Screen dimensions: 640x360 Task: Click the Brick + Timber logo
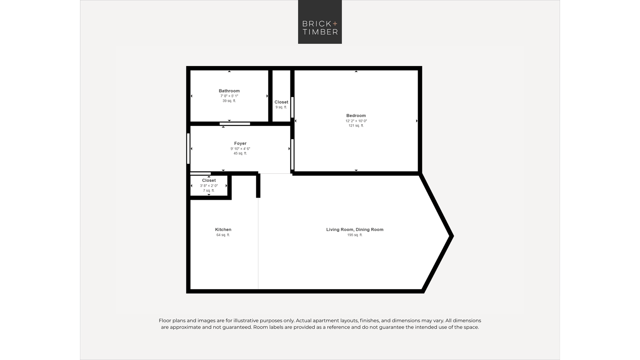click(320, 22)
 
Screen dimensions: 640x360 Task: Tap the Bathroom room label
click(229, 91)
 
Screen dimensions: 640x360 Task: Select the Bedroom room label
click(356, 116)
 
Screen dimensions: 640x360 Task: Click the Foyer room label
click(240, 143)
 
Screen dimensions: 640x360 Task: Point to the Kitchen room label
click(223, 229)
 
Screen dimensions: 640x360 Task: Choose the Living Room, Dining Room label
click(355, 229)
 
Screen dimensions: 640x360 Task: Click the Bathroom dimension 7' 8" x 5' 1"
click(229, 96)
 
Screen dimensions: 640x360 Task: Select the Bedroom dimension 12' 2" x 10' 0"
click(356, 121)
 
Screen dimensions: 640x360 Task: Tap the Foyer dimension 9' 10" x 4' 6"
click(240, 149)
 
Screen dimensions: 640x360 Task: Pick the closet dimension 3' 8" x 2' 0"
click(209, 186)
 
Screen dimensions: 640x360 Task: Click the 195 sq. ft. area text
click(355, 235)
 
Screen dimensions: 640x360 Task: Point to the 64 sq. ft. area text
click(223, 235)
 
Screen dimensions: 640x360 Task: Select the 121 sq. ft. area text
click(356, 126)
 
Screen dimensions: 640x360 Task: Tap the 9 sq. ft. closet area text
click(281, 107)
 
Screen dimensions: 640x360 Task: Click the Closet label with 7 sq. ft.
click(209, 180)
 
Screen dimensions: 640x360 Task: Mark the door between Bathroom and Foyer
click(235, 124)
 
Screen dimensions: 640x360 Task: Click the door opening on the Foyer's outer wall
click(188, 148)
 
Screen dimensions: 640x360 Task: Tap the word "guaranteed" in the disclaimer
click(236, 327)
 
